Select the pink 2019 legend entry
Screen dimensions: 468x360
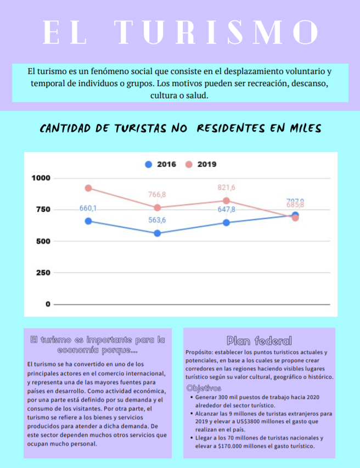click(201, 164)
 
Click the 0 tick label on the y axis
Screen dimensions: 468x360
click(48, 304)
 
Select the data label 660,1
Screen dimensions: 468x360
click(88, 208)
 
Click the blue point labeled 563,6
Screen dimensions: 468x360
click(157, 233)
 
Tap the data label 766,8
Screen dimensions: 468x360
click(157, 195)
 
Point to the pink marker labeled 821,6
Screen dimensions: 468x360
click(226, 201)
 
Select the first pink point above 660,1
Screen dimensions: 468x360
click(88, 188)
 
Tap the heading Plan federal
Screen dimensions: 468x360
click(259, 341)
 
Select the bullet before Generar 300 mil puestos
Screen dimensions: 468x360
click(190, 397)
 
